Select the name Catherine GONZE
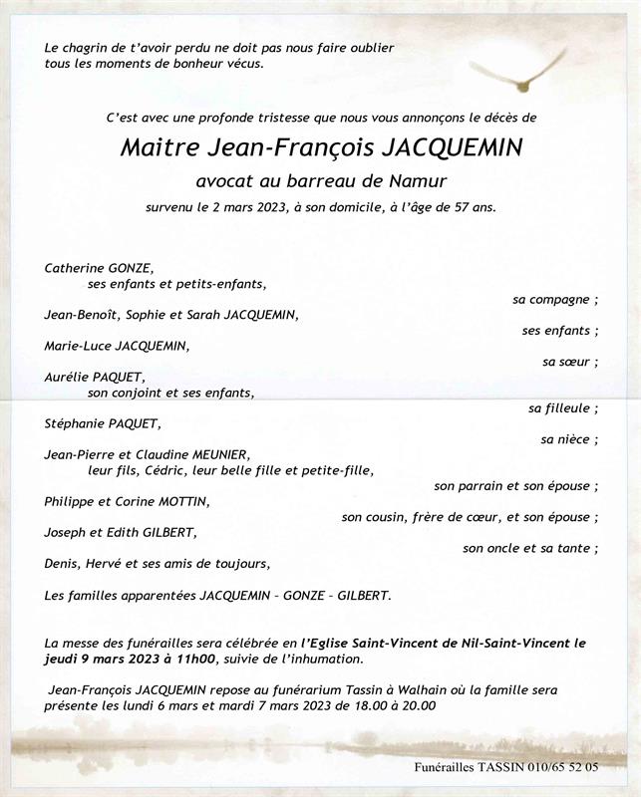pos(99,268)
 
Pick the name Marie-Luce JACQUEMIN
pos(116,346)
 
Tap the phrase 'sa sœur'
pos(567,362)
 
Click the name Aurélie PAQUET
pos(95,377)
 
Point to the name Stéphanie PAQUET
pos(102,423)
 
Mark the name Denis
pos(62,563)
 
